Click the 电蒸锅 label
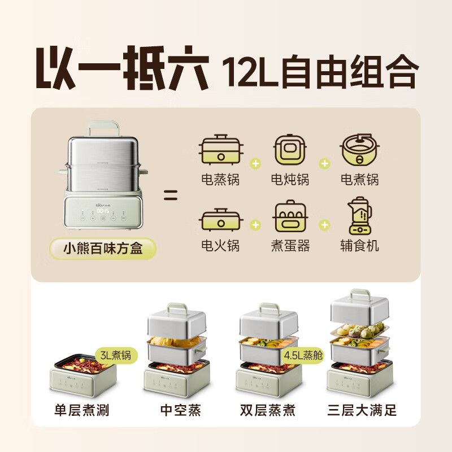click(x=220, y=180)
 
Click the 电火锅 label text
click(x=220, y=245)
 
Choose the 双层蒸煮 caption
click(x=270, y=410)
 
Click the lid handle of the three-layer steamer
click(x=359, y=294)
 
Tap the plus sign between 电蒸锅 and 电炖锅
click(x=256, y=164)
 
